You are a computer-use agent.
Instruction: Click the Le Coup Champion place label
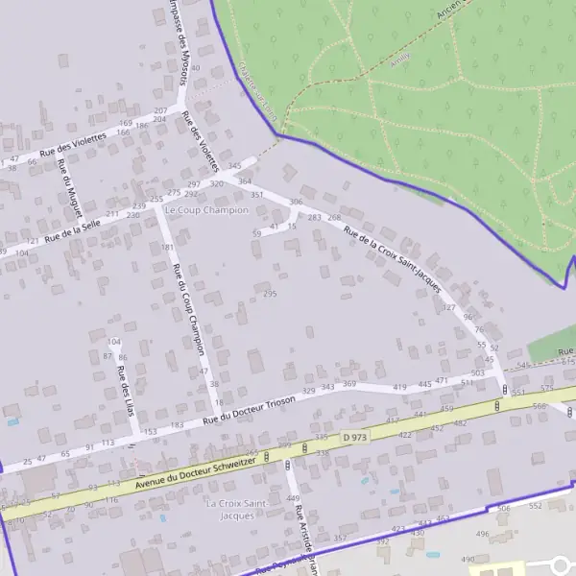click(206, 209)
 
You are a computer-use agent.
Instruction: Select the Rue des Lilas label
click(124, 383)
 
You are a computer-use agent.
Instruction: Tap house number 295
click(270, 294)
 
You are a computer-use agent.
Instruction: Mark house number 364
click(245, 180)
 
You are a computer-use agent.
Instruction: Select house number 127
click(448, 308)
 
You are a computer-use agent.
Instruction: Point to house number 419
click(400, 387)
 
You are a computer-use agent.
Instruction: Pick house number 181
click(168, 248)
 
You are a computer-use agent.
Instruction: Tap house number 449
click(293, 498)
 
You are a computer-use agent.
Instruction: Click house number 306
click(296, 202)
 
